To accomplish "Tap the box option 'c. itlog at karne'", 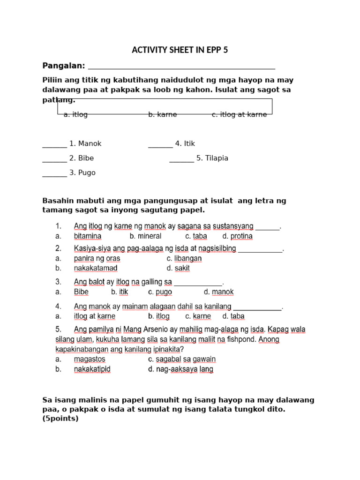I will pyautogui.click(x=239, y=114).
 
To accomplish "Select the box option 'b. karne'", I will pyautogui.click(x=163, y=114).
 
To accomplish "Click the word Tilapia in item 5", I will pyautogui.click(x=217, y=158).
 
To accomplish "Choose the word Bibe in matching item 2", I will pyautogui.click(x=86, y=158).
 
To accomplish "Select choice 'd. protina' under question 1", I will pyautogui.click(x=237, y=236).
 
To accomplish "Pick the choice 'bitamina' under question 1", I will pyautogui.click(x=88, y=236).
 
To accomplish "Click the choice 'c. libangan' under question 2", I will pyautogui.click(x=184, y=258).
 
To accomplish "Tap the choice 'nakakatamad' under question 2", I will pyautogui.click(x=96, y=268).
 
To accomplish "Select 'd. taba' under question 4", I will pyautogui.click(x=232, y=316).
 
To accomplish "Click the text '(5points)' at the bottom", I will pyautogui.click(x=60, y=419).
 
